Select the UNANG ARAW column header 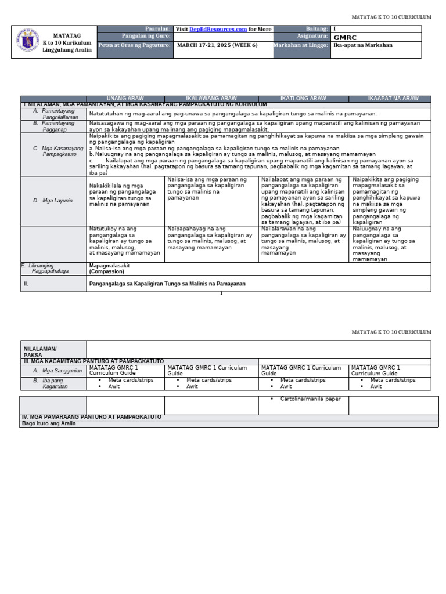pos(125,99)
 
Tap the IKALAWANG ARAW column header pos(211,99)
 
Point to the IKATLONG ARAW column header pos(303,99)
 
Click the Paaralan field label pos(157,29)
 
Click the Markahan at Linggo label pos(301,45)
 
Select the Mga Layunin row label pos(56,200)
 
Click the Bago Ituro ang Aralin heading pos(49,423)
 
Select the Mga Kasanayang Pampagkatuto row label pos(59,151)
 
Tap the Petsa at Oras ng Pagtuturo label pos(135,45)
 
